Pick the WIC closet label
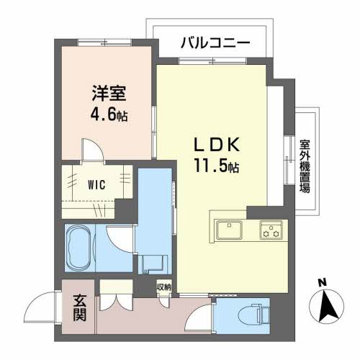(96, 184)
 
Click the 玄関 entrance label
(78, 308)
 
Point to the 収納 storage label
(165, 287)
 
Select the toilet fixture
(249, 314)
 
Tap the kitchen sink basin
(228, 230)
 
